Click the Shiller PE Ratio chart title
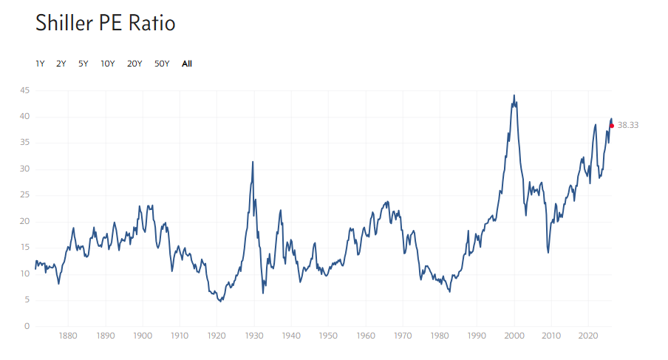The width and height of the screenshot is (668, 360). pyautogui.click(x=105, y=24)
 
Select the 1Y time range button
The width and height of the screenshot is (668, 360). pyautogui.click(x=40, y=64)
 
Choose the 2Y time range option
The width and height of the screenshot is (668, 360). pyautogui.click(x=61, y=64)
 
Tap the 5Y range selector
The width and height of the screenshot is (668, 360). pyautogui.click(x=83, y=64)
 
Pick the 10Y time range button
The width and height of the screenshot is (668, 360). pyautogui.click(x=108, y=64)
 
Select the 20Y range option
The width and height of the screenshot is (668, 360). pyautogui.click(x=134, y=64)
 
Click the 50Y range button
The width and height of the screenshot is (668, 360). pyautogui.click(x=162, y=64)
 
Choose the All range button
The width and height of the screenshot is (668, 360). pyautogui.click(x=187, y=64)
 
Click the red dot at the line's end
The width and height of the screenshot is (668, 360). pyautogui.click(x=612, y=126)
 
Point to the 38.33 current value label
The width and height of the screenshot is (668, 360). pyautogui.click(x=628, y=126)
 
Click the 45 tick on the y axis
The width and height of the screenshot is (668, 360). pyautogui.click(x=25, y=90)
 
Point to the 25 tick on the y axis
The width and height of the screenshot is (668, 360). pyautogui.click(x=25, y=195)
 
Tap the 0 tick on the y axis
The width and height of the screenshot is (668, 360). pyautogui.click(x=27, y=326)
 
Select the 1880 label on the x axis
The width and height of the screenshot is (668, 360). pyautogui.click(x=68, y=336)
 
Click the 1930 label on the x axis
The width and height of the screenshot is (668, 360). pyautogui.click(x=254, y=336)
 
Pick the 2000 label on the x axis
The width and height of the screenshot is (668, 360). pyautogui.click(x=514, y=336)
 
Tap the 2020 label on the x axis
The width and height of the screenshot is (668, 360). pyautogui.click(x=588, y=336)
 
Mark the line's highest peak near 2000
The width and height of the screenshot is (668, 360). pyautogui.click(x=514, y=95)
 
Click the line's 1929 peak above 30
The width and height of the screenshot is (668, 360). pyautogui.click(x=253, y=162)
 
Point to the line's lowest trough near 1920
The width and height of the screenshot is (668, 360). pyautogui.click(x=220, y=301)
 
